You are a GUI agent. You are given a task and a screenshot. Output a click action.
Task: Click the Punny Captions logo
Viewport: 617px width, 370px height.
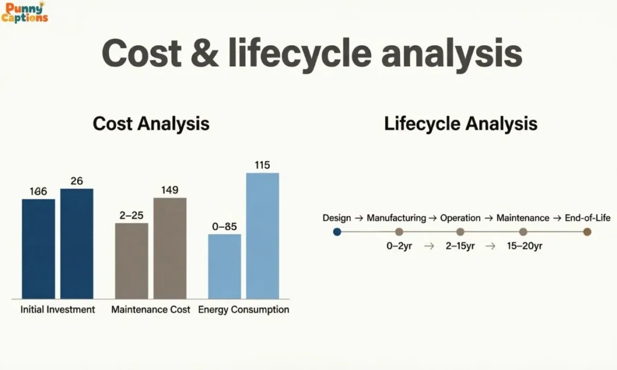24,12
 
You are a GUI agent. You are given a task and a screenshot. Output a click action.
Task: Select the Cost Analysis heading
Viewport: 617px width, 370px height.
151,124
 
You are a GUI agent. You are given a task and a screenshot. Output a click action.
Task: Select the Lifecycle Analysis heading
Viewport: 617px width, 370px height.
461,124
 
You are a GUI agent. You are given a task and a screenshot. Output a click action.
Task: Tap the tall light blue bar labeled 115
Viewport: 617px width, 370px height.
263,236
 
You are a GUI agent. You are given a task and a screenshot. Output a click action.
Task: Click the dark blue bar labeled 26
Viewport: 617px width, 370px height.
77,243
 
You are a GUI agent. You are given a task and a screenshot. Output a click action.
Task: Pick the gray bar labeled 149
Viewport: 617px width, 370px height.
170,248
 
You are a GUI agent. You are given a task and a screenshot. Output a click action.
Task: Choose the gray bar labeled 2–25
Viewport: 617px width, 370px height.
131,260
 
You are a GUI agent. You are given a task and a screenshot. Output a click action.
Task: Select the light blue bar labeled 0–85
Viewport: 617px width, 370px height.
225,266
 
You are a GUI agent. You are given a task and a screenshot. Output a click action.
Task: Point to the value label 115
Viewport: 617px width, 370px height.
262,165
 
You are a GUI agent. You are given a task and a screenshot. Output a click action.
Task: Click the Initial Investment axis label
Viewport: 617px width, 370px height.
58,310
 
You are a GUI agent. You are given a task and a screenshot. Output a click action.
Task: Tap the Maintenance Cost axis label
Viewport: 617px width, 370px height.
151,310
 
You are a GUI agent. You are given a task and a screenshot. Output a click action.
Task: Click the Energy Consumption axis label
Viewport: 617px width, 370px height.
243,310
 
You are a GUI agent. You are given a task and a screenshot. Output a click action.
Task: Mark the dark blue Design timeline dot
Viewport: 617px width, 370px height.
337,231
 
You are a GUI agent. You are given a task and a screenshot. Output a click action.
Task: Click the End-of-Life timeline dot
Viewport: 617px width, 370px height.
587,231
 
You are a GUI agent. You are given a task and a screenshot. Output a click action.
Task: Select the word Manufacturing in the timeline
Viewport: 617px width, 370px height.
396,218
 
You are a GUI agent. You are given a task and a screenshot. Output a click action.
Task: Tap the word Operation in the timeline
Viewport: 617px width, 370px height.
460,218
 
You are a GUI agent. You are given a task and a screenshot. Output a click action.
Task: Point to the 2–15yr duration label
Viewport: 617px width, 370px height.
460,246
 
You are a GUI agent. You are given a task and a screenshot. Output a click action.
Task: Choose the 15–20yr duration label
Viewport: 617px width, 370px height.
524,246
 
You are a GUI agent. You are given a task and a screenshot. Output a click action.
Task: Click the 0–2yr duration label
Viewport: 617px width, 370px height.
399,246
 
